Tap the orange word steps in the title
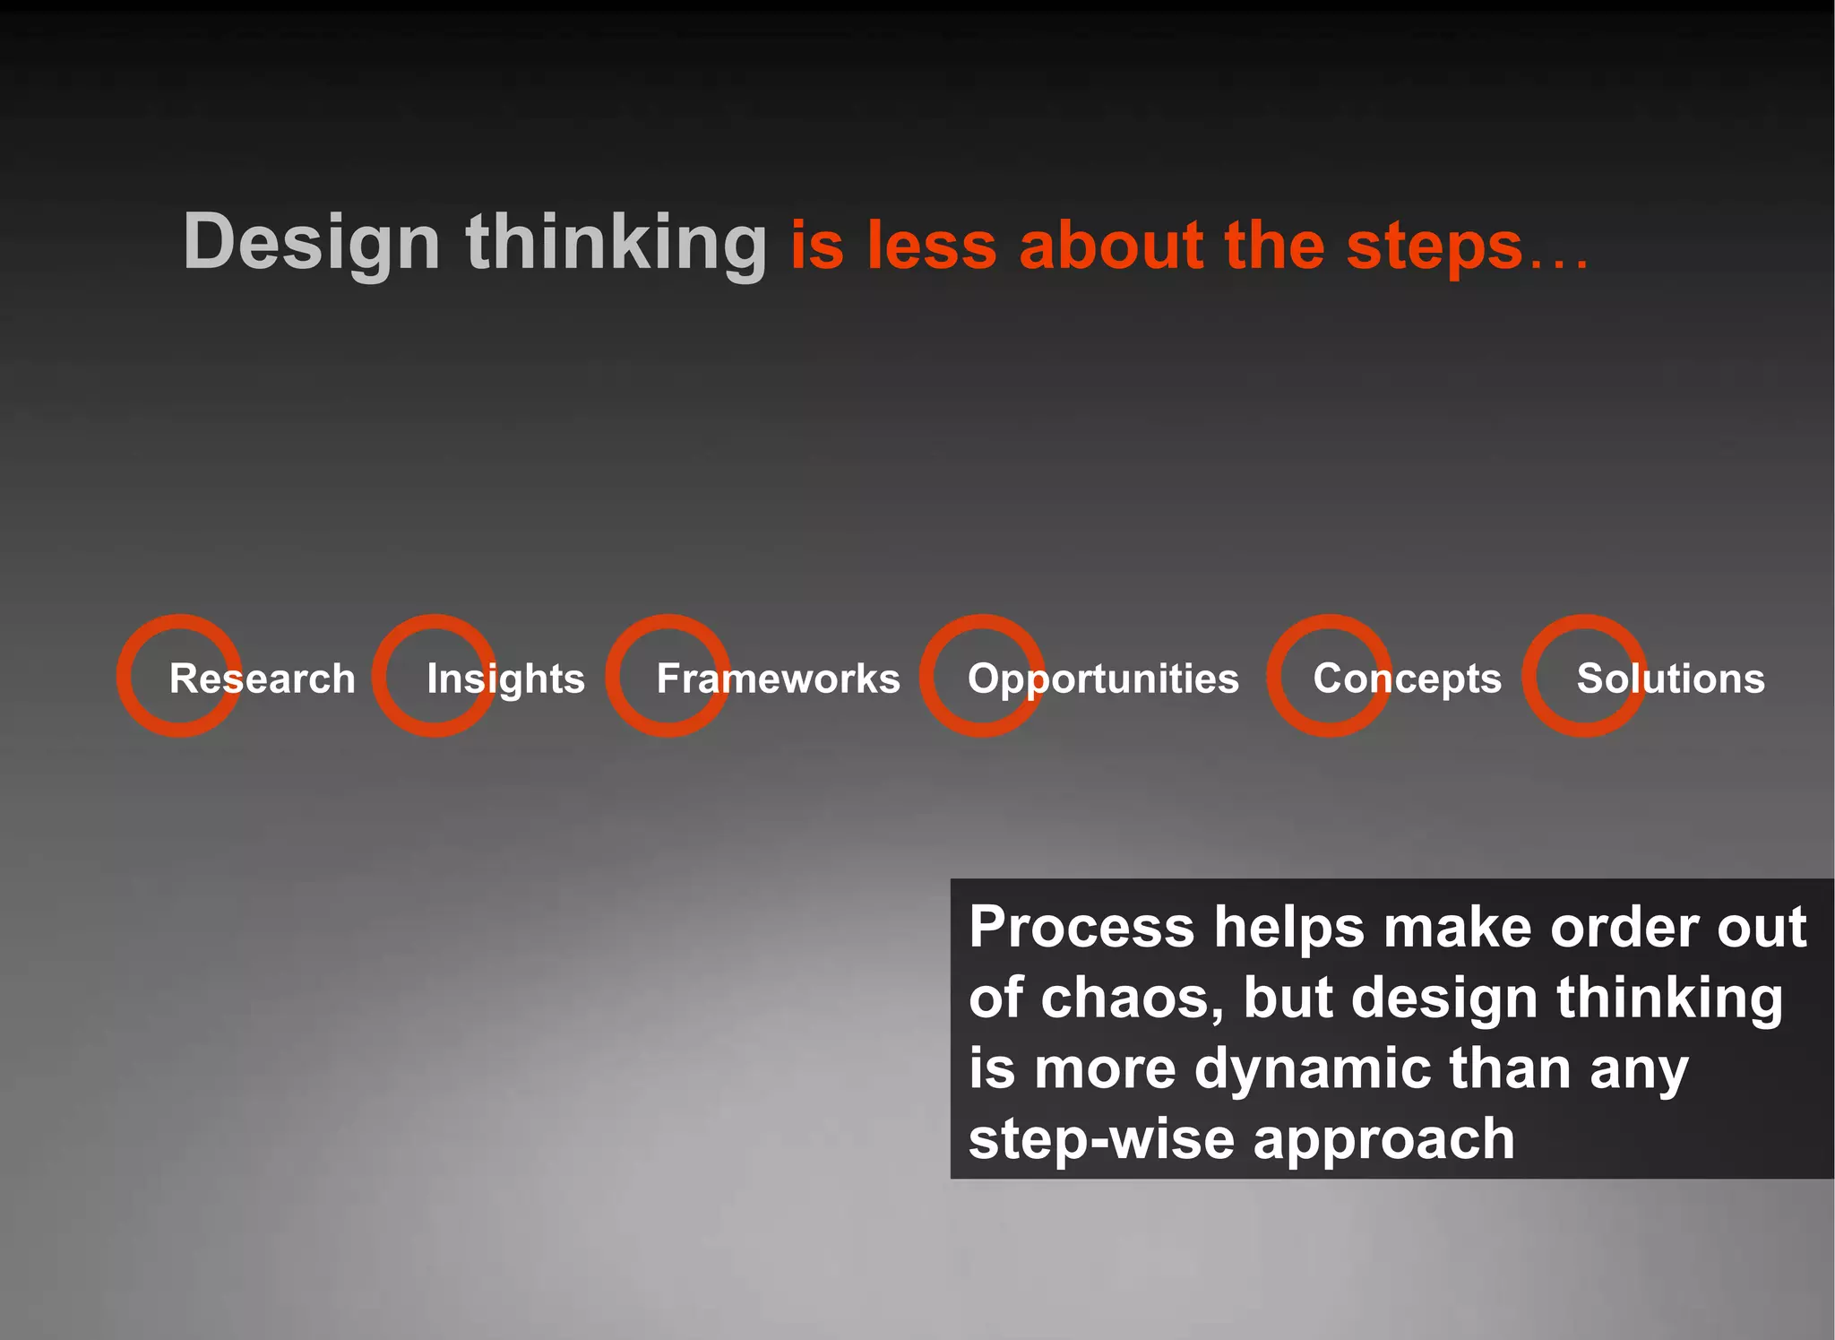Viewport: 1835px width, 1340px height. pyautogui.click(x=1434, y=246)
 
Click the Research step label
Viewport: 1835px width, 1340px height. pyautogui.click(x=262, y=679)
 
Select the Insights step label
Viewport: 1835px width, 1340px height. pyautogui.click(x=505, y=679)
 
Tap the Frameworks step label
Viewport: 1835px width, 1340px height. pyautogui.click(x=778, y=679)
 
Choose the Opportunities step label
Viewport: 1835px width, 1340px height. pyautogui.click(x=1103, y=679)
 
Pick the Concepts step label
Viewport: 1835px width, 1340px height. pyautogui.click(x=1407, y=679)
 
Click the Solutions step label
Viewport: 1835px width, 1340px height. pyautogui.click(x=1670, y=679)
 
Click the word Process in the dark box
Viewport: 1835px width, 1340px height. pyautogui.click(x=1081, y=927)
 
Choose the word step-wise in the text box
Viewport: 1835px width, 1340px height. pyautogui.click(x=1101, y=1139)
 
